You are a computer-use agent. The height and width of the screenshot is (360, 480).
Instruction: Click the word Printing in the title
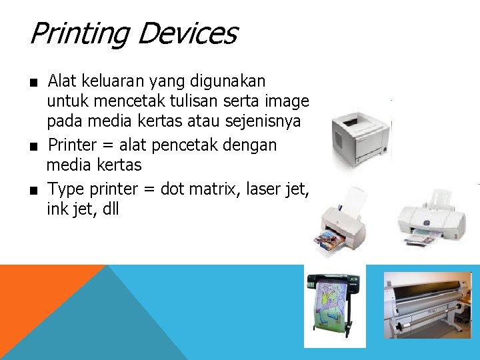pos(78,33)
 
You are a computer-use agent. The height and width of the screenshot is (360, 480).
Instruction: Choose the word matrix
pos(213,189)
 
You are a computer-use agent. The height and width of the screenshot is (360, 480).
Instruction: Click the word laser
pos(263,189)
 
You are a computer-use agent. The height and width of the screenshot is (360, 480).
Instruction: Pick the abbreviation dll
pos(108,209)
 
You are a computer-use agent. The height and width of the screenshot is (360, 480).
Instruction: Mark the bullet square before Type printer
pos(32,191)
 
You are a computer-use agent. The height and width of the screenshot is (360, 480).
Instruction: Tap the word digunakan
pos(227,81)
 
